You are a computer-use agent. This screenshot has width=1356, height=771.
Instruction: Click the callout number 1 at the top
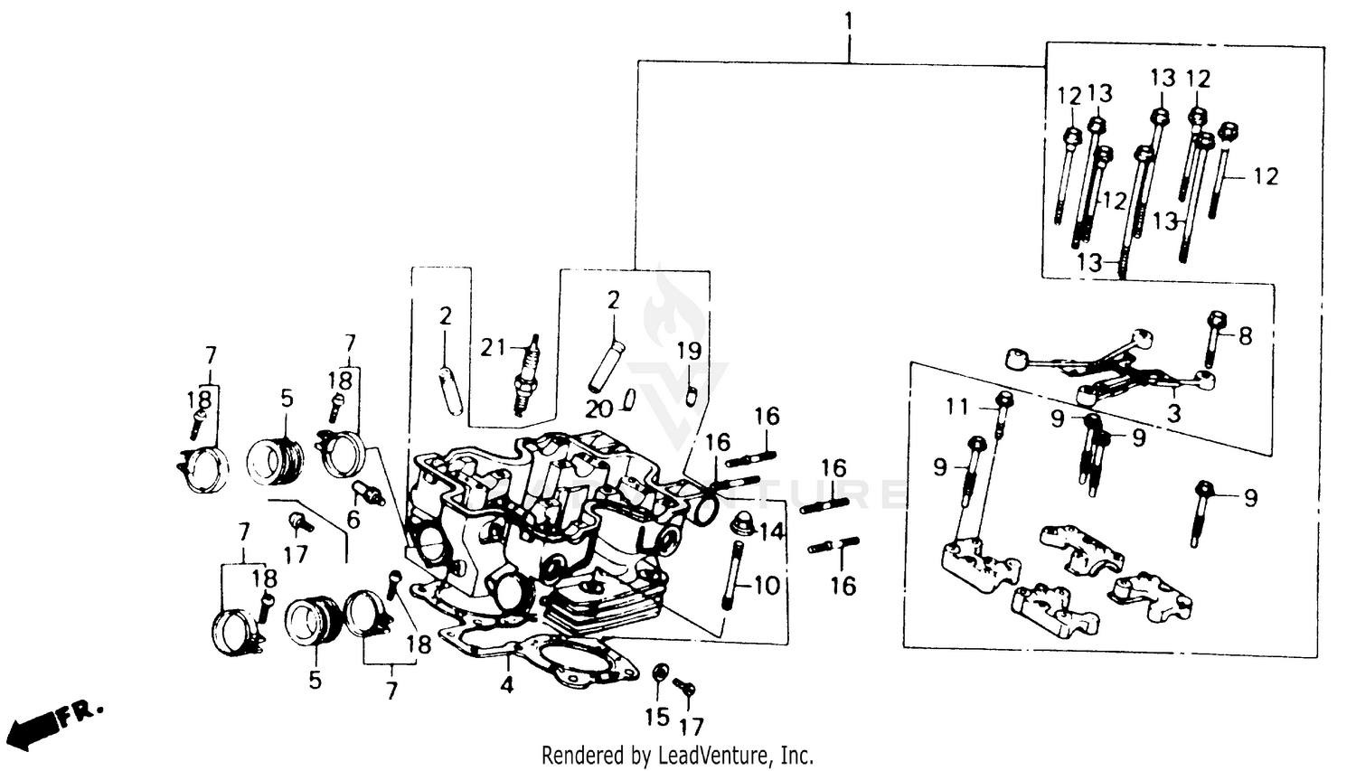click(848, 19)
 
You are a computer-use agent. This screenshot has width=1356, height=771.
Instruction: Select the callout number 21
click(493, 347)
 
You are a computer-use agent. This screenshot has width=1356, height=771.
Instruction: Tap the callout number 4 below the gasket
click(507, 685)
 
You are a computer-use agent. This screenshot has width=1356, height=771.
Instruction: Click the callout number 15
click(657, 716)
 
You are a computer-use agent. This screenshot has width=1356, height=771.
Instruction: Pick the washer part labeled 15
click(661, 672)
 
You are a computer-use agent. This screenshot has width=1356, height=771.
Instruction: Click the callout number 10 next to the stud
click(766, 585)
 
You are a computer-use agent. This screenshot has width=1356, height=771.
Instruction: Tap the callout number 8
click(1246, 336)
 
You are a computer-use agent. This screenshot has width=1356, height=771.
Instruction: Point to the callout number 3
click(1173, 414)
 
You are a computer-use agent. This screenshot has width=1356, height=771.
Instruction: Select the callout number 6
click(353, 519)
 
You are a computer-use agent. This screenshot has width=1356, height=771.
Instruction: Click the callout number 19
click(689, 351)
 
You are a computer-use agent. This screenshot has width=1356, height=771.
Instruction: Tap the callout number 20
click(598, 409)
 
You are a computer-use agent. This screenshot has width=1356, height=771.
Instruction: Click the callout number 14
click(771, 531)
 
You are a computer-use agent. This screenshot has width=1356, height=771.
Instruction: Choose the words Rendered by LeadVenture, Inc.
click(677, 755)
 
